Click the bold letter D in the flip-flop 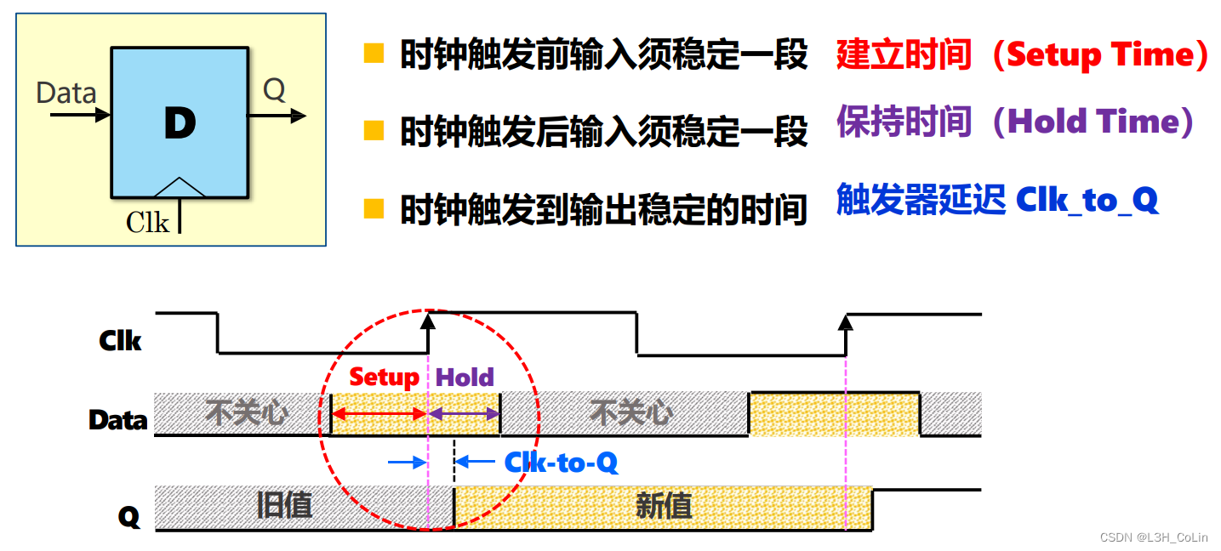coord(180,124)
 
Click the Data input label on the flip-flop coord(66,93)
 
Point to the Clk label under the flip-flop coord(147,222)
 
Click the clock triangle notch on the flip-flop coord(180,187)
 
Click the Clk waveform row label coord(120,341)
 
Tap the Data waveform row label coord(118,420)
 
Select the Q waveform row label coord(128,516)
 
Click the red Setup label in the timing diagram coord(384,377)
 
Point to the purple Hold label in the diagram coord(465,377)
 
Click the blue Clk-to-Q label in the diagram coord(561,463)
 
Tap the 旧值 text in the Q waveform coord(284,506)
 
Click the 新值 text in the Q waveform coord(664,506)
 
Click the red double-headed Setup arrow coord(379,414)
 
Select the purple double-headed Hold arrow coord(464,414)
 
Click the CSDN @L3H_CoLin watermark coord(1153,537)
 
